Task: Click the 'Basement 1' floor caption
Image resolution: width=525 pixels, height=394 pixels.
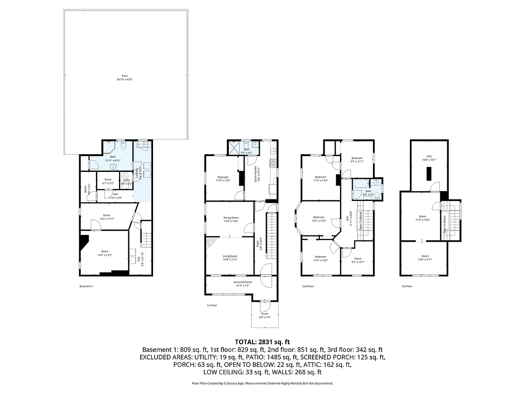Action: (86, 286)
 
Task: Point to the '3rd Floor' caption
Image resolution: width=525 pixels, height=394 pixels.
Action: (406, 286)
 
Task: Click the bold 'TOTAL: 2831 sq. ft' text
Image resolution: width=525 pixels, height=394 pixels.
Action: (262, 341)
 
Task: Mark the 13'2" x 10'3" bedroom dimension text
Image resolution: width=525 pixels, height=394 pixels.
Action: (319, 221)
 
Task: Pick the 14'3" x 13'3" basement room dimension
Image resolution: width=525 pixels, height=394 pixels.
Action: (104, 255)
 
